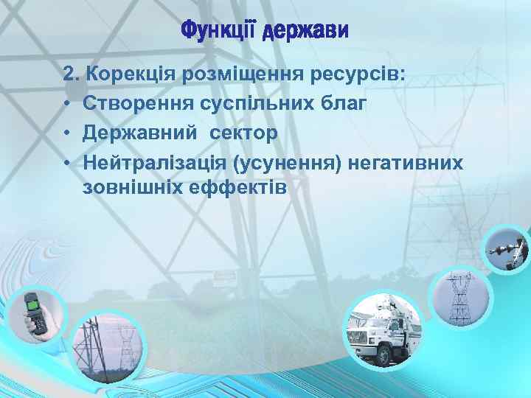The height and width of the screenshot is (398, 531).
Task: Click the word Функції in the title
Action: (x=218, y=32)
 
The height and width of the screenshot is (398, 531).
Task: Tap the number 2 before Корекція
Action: (x=69, y=75)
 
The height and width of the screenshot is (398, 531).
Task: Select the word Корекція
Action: (x=128, y=75)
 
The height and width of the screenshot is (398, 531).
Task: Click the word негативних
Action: (x=406, y=161)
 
